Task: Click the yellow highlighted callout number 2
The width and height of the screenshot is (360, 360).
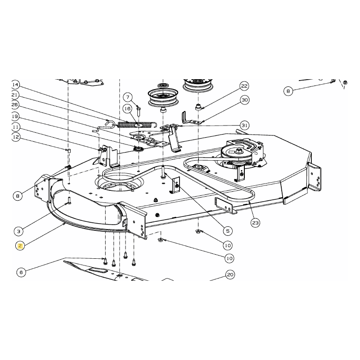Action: [20, 245]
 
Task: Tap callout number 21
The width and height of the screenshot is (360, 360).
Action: [15, 95]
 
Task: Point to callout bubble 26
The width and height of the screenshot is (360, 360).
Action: [15, 105]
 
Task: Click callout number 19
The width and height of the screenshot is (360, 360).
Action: [15, 116]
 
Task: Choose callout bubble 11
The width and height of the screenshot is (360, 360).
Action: [15, 127]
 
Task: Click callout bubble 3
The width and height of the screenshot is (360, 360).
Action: [18, 232]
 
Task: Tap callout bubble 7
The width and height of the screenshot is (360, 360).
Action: [128, 97]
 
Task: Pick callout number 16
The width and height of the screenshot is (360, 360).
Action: [127, 108]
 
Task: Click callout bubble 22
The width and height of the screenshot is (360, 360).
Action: [244, 86]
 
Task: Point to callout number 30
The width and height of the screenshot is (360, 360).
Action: [244, 100]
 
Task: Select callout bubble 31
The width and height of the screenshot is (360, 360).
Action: [244, 125]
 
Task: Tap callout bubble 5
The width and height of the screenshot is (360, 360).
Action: [228, 231]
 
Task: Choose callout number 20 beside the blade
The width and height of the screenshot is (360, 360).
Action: [230, 274]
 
